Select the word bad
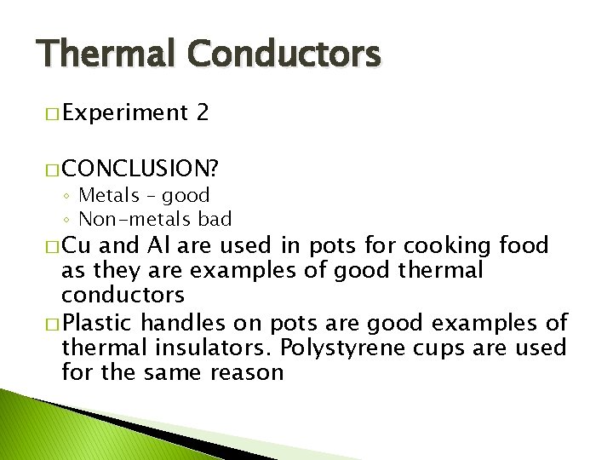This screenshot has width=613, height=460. point(215,219)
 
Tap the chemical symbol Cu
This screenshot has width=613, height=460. point(80,247)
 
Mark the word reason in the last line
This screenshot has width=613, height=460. point(247,371)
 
